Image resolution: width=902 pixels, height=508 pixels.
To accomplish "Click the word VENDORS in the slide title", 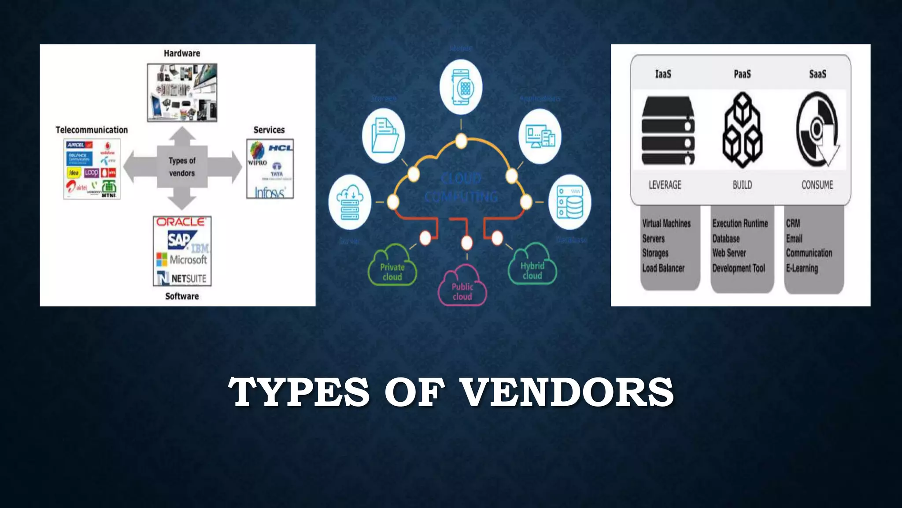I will pyautogui.click(x=566, y=392).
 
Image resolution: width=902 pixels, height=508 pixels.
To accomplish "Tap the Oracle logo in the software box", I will pyautogui.click(x=181, y=222).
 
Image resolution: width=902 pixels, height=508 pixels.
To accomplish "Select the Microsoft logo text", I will pyautogui.click(x=188, y=260).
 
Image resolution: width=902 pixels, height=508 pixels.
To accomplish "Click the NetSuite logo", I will pyautogui.click(x=182, y=278).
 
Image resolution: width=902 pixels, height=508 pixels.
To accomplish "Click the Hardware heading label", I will pyautogui.click(x=182, y=53).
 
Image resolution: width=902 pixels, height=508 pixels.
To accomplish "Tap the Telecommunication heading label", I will pyautogui.click(x=92, y=130).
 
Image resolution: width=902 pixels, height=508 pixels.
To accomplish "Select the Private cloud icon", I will pyautogui.click(x=392, y=266).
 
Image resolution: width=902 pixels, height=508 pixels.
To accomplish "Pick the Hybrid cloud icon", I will pyautogui.click(x=532, y=265).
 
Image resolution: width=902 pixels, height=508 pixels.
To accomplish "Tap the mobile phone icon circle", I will pyautogui.click(x=461, y=87).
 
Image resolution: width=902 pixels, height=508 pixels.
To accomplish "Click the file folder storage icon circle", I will pyautogui.click(x=384, y=135).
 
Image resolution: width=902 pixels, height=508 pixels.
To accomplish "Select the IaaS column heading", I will pyautogui.click(x=663, y=74).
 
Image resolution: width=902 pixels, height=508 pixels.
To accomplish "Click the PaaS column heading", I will pyautogui.click(x=742, y=74).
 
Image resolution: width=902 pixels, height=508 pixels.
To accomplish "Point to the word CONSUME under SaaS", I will pyautogui.click(x=817, y=185).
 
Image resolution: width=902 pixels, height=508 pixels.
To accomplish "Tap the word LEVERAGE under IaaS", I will pyautogui.click(x=665, y=185).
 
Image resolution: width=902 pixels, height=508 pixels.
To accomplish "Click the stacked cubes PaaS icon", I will pyautogui.click(x=742, y=130).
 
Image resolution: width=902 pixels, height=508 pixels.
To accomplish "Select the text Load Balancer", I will pyautogui.click(x=663, y=268).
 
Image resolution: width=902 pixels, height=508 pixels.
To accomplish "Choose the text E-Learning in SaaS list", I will pyautogui.click(x=802, y=268).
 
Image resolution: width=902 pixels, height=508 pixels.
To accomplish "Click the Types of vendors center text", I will pyautogui.click(x=182, y=167).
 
